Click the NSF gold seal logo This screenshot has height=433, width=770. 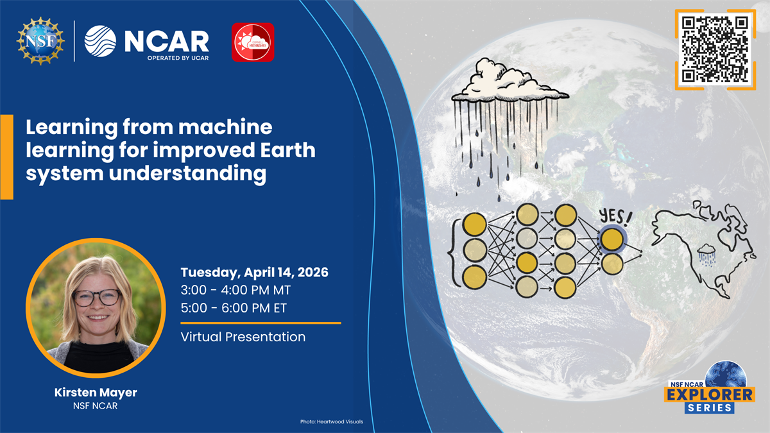(x=40, y=40)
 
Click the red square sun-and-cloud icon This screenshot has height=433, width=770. (x=253, y=42)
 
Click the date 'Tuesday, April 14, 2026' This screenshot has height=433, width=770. (x=255, y=272)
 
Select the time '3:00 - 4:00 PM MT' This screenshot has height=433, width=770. (x=236, y=290)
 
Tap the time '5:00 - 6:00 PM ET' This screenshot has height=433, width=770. (x=234, y=308)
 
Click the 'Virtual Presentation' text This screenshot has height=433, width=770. (x=243, y=336)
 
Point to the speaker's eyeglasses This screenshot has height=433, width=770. (x=96, y=297)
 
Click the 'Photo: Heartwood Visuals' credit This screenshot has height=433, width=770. (x=331, y=421)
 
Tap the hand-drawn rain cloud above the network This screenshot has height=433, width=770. (x=509, y=84)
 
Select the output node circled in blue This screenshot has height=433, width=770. (x=612, y=239)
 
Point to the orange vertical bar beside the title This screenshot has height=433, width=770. (x=6, y=157)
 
